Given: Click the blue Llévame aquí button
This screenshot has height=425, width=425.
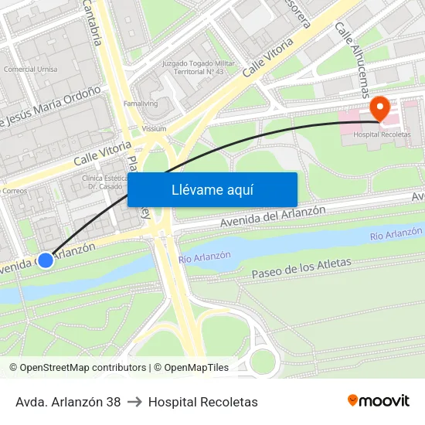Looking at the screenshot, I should [x=212, y=189].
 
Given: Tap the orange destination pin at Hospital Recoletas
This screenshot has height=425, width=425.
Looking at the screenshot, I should [x=379, y=108].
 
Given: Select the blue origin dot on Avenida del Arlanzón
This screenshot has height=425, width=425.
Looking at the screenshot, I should [x=46, y=260].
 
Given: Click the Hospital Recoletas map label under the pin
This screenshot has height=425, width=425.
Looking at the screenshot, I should [x=382, y=134].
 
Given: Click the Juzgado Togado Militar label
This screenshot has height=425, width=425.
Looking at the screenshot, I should [x=192, y=67].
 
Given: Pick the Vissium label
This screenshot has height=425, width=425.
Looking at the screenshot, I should [x=154, y=129].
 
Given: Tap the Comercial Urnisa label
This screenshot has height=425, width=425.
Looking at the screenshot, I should [x=30, y=69].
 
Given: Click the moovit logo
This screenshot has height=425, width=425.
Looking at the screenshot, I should [x=378, y=400].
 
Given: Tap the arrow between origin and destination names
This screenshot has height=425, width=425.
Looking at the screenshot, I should [x=134, y=402].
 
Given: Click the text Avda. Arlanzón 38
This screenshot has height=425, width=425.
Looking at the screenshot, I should [x=68, y=402].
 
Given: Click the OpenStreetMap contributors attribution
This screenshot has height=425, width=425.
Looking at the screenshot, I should [x=78, y=368].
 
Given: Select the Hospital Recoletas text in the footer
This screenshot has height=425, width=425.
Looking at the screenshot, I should [x=203, y=402].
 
